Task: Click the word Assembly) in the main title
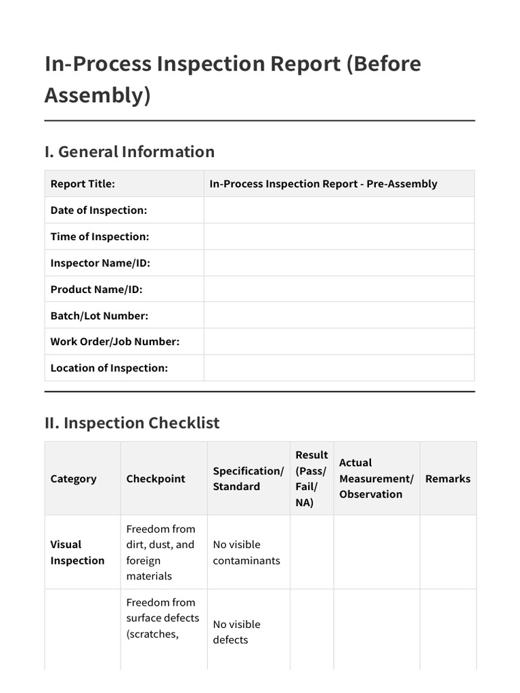click(97, 95)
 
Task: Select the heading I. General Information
click(129, 152)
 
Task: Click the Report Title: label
click(83, 184)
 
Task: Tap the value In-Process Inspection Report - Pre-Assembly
click(323, 184)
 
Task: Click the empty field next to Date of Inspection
click(339, 210)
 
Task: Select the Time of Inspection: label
click(100, 237)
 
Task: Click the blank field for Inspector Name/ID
click(339, 263)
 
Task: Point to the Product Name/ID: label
click(96, 290)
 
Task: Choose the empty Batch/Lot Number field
click(339, 316)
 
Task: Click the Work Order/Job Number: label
click(114, 342)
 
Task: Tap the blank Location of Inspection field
click(339, 368)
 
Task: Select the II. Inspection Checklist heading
click(132, 423)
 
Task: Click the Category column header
click(73, 479)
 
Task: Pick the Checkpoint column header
click(156, 479)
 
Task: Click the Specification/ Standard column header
click(248, 479)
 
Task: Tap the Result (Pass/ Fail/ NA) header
click(311, 479)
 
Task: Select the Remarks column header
click(448, 479)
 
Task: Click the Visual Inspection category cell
click(77, 552)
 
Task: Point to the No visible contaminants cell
click(246, 552)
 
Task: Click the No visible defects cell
click(236, 632)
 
